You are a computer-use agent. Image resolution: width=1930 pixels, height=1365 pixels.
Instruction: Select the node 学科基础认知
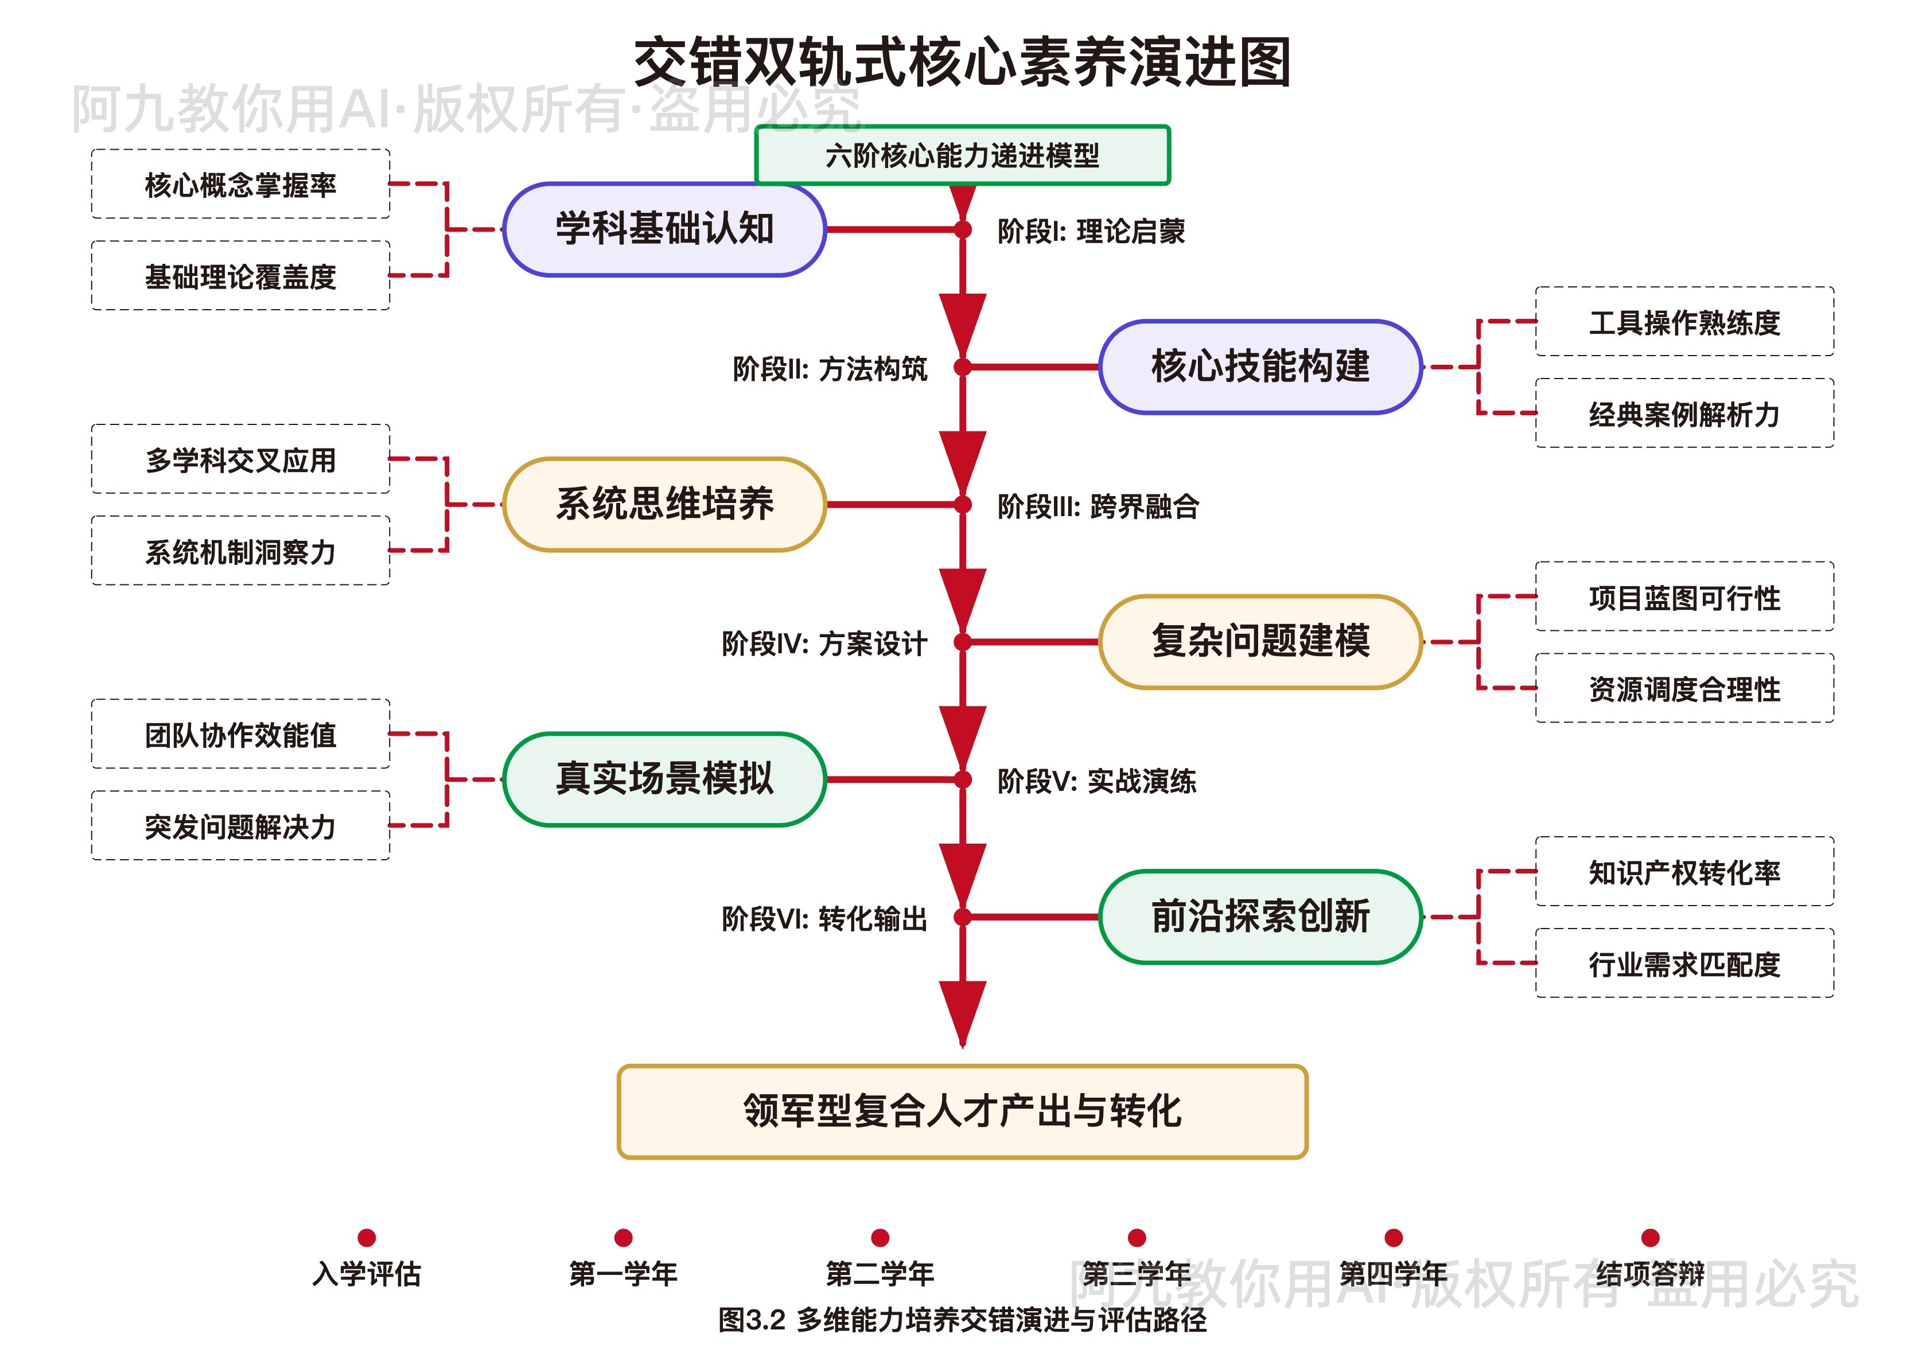664,229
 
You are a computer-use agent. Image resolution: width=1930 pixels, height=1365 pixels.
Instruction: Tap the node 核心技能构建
1260,366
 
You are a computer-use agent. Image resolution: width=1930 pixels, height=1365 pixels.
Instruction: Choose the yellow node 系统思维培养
664,504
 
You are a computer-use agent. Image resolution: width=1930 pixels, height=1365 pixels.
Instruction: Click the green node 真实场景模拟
664,779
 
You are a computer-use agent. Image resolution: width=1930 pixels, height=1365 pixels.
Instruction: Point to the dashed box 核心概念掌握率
240,184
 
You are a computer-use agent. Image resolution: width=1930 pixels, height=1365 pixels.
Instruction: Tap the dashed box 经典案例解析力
1684,414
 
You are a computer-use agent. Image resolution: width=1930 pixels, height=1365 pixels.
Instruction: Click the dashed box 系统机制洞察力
240,551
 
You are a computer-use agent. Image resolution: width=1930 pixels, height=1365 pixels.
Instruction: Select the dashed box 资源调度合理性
1684,688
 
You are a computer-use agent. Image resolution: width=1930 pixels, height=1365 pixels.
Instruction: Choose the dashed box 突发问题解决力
240,826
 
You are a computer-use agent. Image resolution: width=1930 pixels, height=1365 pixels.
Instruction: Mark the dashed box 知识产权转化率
1684,872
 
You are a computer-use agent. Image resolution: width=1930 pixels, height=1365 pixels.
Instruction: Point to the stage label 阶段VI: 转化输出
824,919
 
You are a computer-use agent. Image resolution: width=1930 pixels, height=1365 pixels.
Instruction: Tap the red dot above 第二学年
880,1237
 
